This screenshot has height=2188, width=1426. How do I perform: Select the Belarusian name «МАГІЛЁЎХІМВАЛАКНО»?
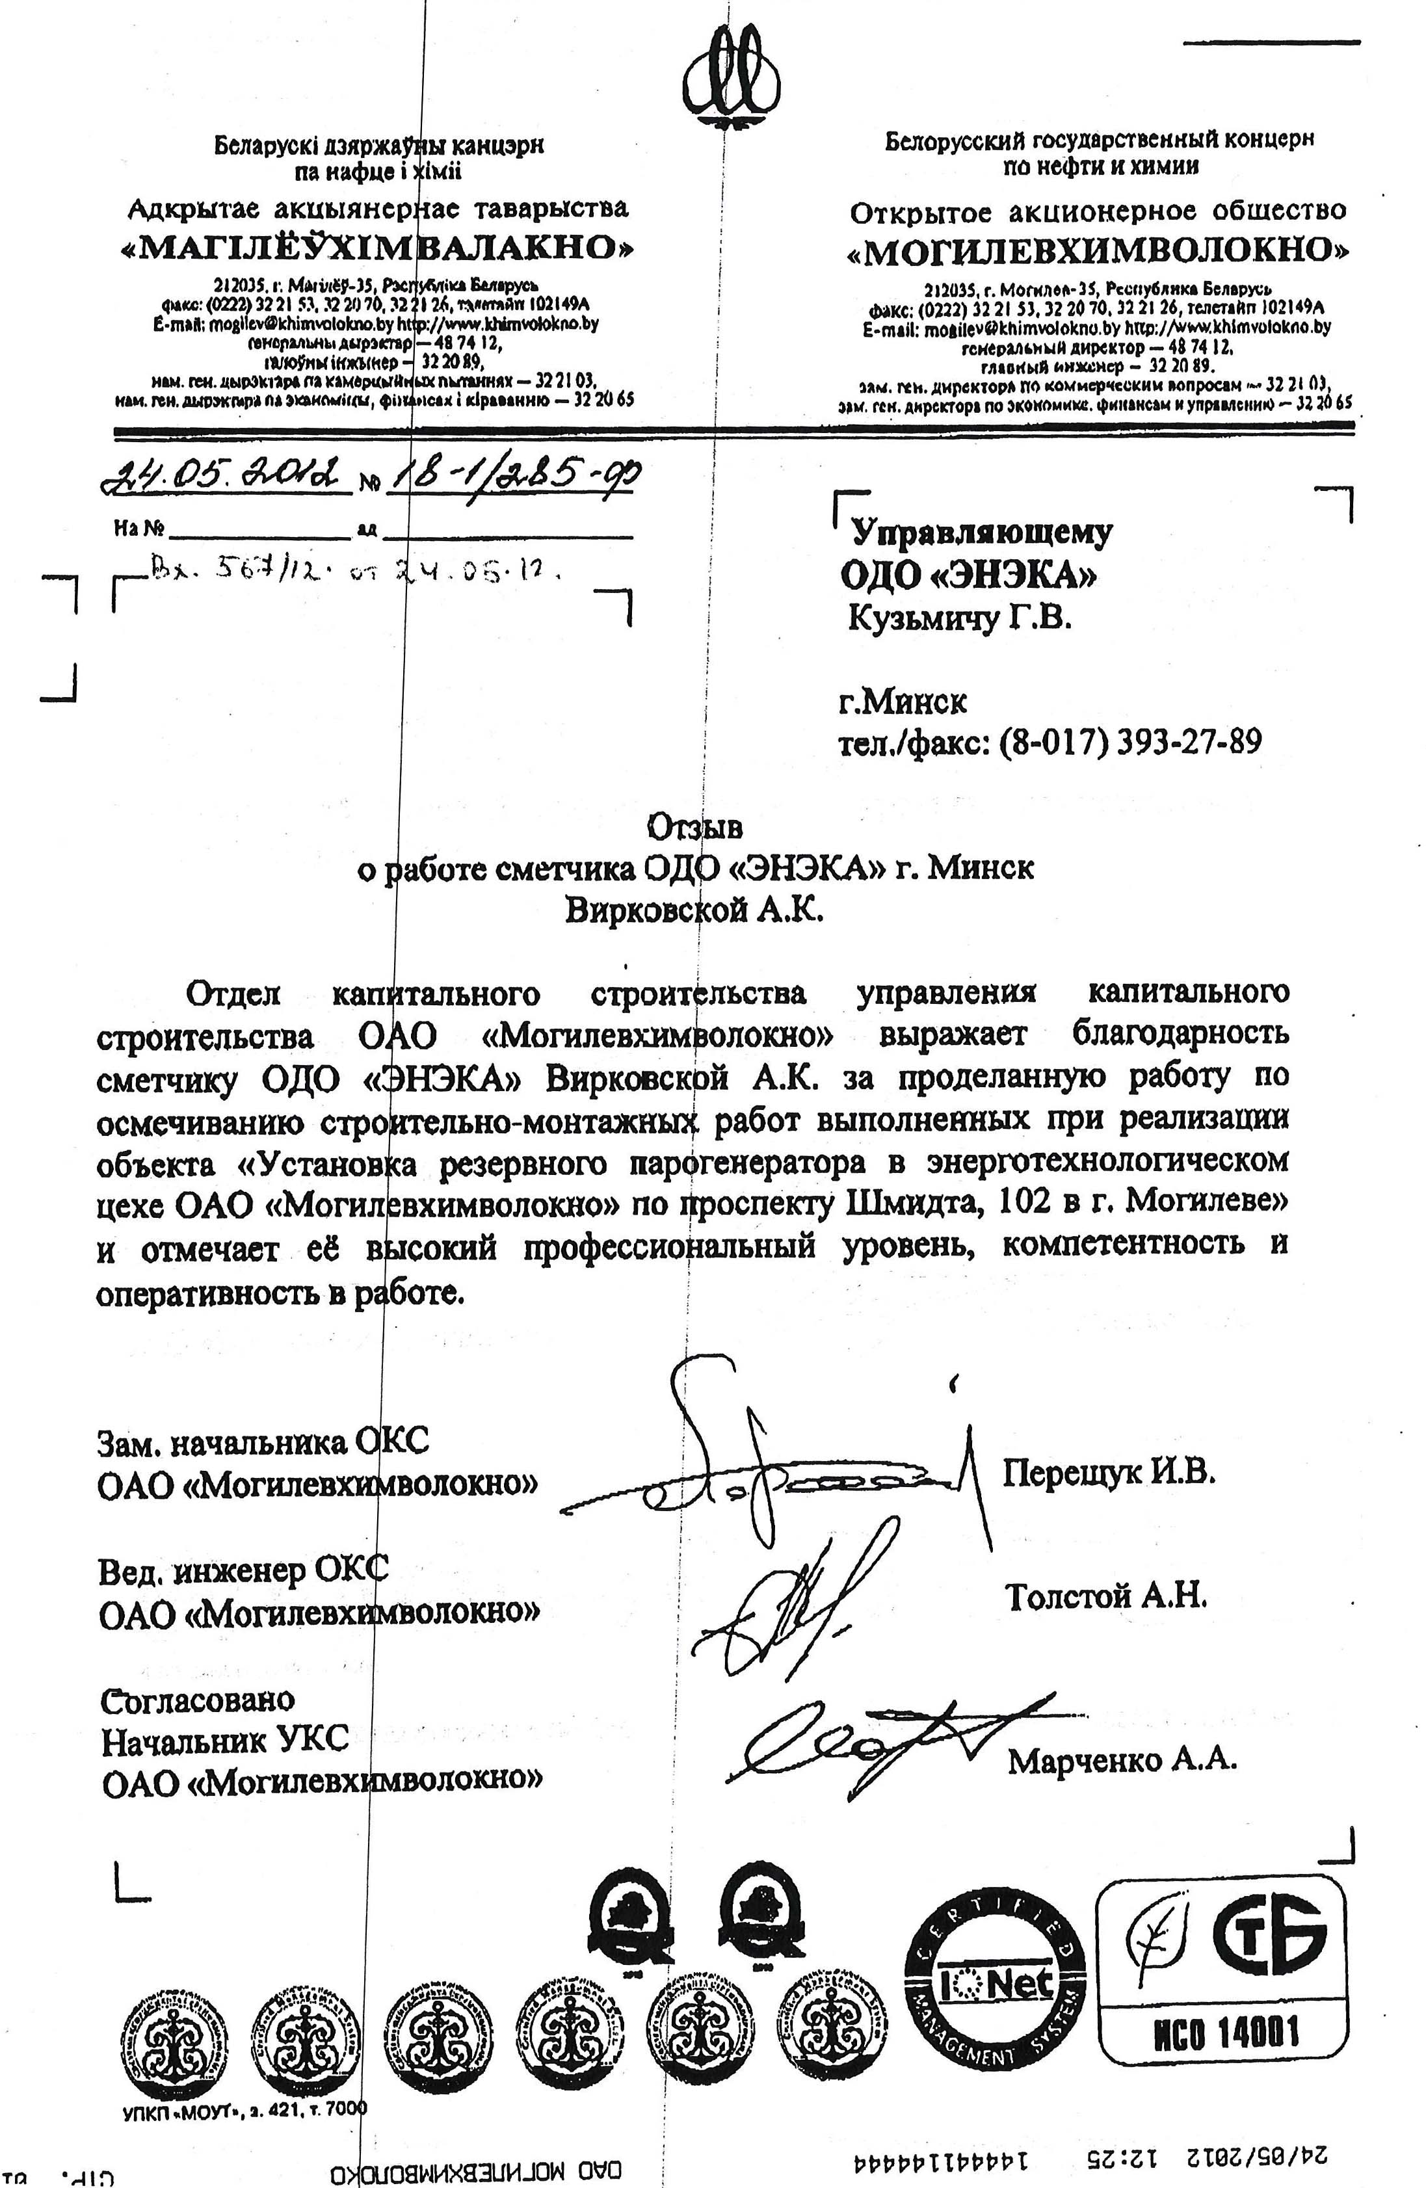click(377, 248)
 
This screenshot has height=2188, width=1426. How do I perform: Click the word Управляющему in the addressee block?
click(981, 533)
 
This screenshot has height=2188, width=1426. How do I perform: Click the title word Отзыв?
click(695, 828)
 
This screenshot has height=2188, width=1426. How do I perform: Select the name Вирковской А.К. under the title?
click(694, 910)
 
